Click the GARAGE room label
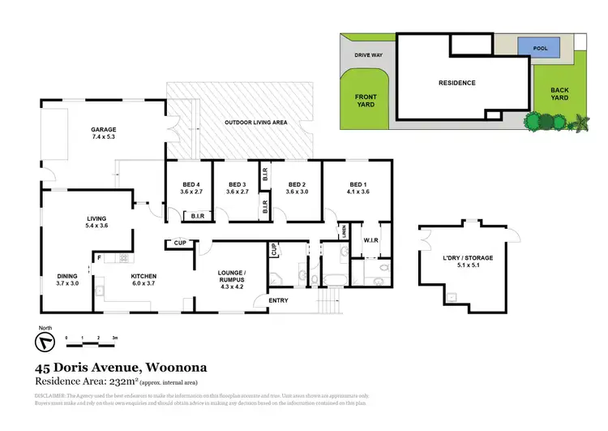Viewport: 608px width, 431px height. tap(104, 130)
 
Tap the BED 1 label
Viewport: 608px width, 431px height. tap(358, 184)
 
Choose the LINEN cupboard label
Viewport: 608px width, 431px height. tap(345, 231)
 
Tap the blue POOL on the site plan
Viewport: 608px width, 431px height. tap(542, 49)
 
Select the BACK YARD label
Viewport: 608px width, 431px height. tap(559, 93)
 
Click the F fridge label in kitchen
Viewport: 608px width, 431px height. tap(98, 258)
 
